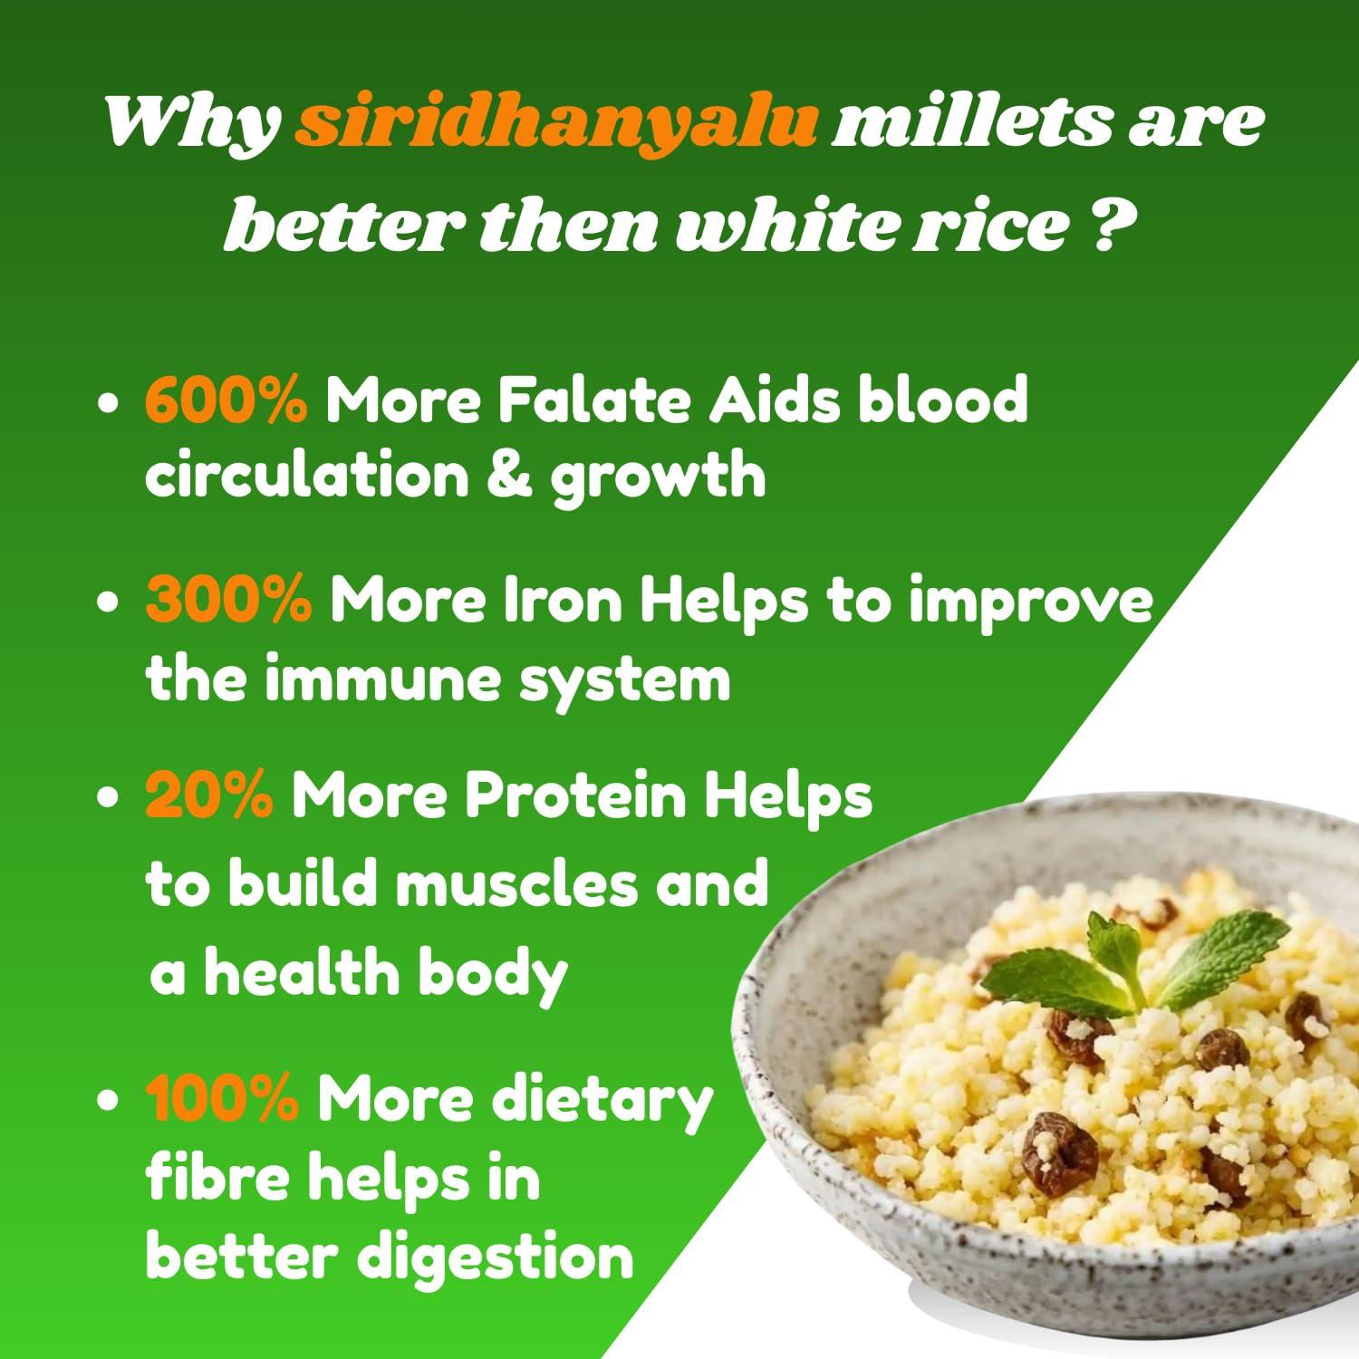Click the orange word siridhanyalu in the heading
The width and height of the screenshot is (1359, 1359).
tap(556, 124)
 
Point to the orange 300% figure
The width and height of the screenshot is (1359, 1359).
tap(228, 602)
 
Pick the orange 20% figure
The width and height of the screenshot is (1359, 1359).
tap(209, 795)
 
